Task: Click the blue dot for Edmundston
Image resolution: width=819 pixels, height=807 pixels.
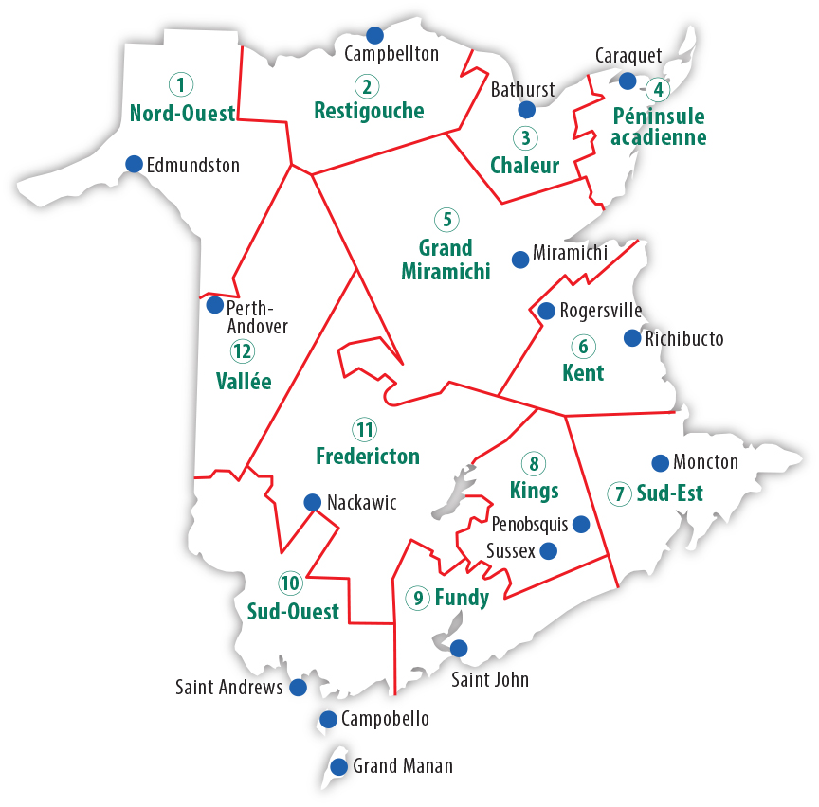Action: [135, 164]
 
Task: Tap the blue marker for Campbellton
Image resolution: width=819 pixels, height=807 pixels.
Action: [374, 36]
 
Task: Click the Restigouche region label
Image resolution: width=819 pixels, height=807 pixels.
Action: [369, 111]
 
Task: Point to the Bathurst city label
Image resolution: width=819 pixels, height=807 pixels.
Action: [523, 90]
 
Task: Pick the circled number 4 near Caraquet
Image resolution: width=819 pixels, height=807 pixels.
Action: [657, 90]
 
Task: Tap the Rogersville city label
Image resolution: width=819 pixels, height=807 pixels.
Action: [601, 310]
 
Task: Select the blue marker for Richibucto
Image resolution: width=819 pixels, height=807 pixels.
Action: [632, 338]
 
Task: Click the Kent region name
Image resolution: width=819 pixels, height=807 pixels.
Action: [583, 372]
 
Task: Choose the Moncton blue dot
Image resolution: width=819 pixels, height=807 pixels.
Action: [660, 463]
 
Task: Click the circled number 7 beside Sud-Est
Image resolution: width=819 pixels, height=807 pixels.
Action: [621, 493]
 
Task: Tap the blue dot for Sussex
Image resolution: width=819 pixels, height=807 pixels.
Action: [548, 550]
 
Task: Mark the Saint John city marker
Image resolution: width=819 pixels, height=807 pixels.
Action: [459, 649]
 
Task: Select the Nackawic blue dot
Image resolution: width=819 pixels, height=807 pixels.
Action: [311, 502]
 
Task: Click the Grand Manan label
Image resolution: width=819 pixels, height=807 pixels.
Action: [402, 766]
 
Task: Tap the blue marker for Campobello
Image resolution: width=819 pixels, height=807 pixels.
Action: [328, 719]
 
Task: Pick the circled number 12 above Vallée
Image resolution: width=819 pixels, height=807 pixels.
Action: [243, 352]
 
